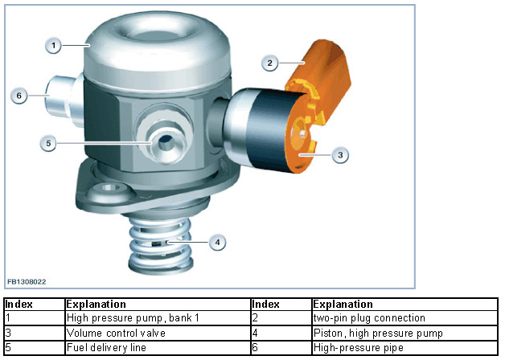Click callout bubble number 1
click(53, 45)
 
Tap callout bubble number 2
click(270, 63)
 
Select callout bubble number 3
click(340, 155)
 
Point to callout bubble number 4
click(217, 242)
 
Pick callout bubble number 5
click(48, 143)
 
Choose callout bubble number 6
click(19, 96)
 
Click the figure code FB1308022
click(27, 282)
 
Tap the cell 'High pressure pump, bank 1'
click(158, 318)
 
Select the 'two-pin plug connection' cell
click(404, 318)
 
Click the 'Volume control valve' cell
click(158, 333)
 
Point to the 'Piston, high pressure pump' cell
click(404, 333)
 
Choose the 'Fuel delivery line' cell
click(158, 348)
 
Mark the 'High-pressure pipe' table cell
click(404, 348)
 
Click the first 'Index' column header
click(35, 305)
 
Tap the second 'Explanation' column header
click(404, 305)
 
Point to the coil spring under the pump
click(161, 244)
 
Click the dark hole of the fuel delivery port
click(166, 141)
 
